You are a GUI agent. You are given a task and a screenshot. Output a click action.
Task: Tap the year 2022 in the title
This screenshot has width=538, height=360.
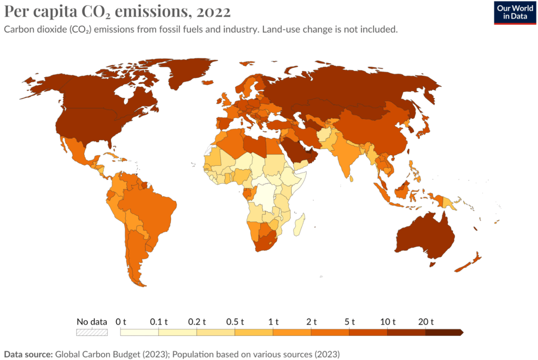(x=211, y=11)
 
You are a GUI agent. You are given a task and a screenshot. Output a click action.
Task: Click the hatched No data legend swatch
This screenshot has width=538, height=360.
(x=92, y=332)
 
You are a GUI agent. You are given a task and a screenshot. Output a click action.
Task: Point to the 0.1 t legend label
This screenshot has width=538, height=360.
(x=158, y=322)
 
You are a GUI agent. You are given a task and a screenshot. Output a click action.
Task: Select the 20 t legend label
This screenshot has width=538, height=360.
(x=425, y=322)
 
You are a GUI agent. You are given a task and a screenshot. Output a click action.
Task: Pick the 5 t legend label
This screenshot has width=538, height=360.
(x=350, y=322)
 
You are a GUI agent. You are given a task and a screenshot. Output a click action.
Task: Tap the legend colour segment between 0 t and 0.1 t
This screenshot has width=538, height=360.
(x=139, y=332)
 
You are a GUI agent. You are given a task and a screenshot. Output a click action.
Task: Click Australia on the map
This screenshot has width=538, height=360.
(x=423, y=237)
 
